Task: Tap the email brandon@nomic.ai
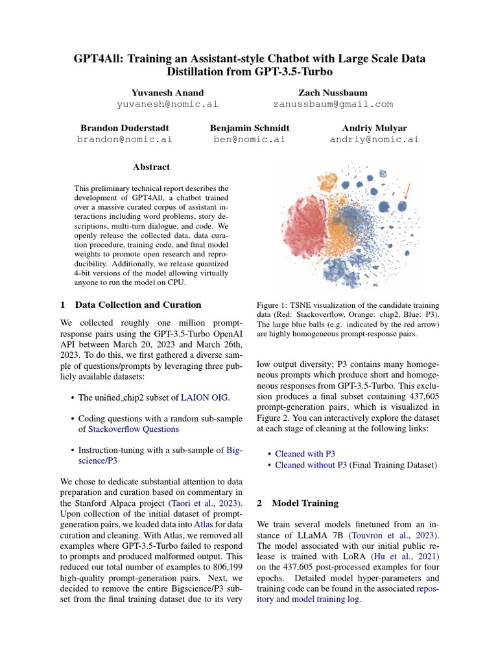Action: pos(124,139)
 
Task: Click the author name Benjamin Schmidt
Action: pos(250,128)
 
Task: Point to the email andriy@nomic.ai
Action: pos(374,139)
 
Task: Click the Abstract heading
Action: pos(151,168)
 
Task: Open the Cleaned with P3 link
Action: pos(305,454)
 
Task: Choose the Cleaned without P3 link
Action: pos(311,465)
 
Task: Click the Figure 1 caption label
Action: pos(274,305)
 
